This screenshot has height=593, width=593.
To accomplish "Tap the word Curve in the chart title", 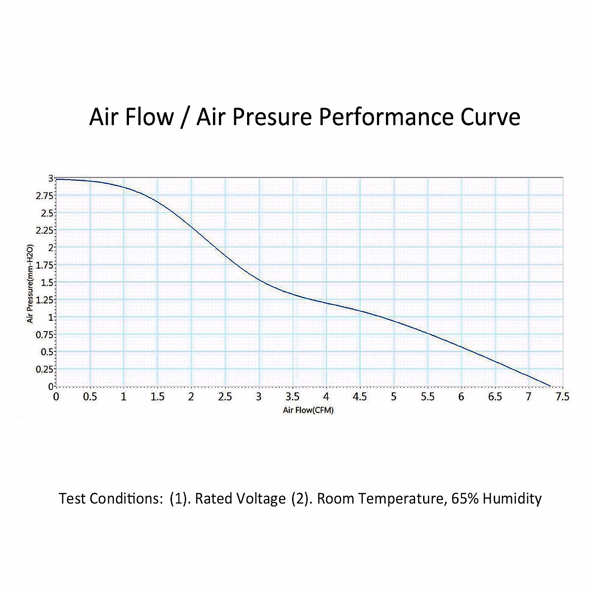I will click(x=490, y=118).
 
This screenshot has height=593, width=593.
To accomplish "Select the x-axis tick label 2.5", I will click(x=225, y=397).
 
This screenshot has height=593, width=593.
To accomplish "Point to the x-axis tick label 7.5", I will click(x=562, y=397).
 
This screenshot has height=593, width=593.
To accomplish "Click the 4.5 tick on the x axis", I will click(x=360, y=397).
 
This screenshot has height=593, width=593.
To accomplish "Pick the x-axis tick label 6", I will click(x=461, y=397).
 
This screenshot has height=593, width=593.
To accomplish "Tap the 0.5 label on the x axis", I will click(x=90, y=397).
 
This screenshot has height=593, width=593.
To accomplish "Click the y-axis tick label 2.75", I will click(x=45, y=196).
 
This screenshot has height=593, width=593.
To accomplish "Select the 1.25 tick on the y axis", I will click(x=45, y=300).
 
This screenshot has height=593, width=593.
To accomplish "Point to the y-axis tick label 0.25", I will click(x=45, y=369).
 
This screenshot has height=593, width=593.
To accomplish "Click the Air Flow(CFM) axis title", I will click(x=308, y=410).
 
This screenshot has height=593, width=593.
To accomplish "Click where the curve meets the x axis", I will click(x=551, y=386).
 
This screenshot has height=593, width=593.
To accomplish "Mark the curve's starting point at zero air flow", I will click(x=57, y=179).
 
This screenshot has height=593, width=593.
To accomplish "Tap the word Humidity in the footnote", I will click(x=512, y=499).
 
